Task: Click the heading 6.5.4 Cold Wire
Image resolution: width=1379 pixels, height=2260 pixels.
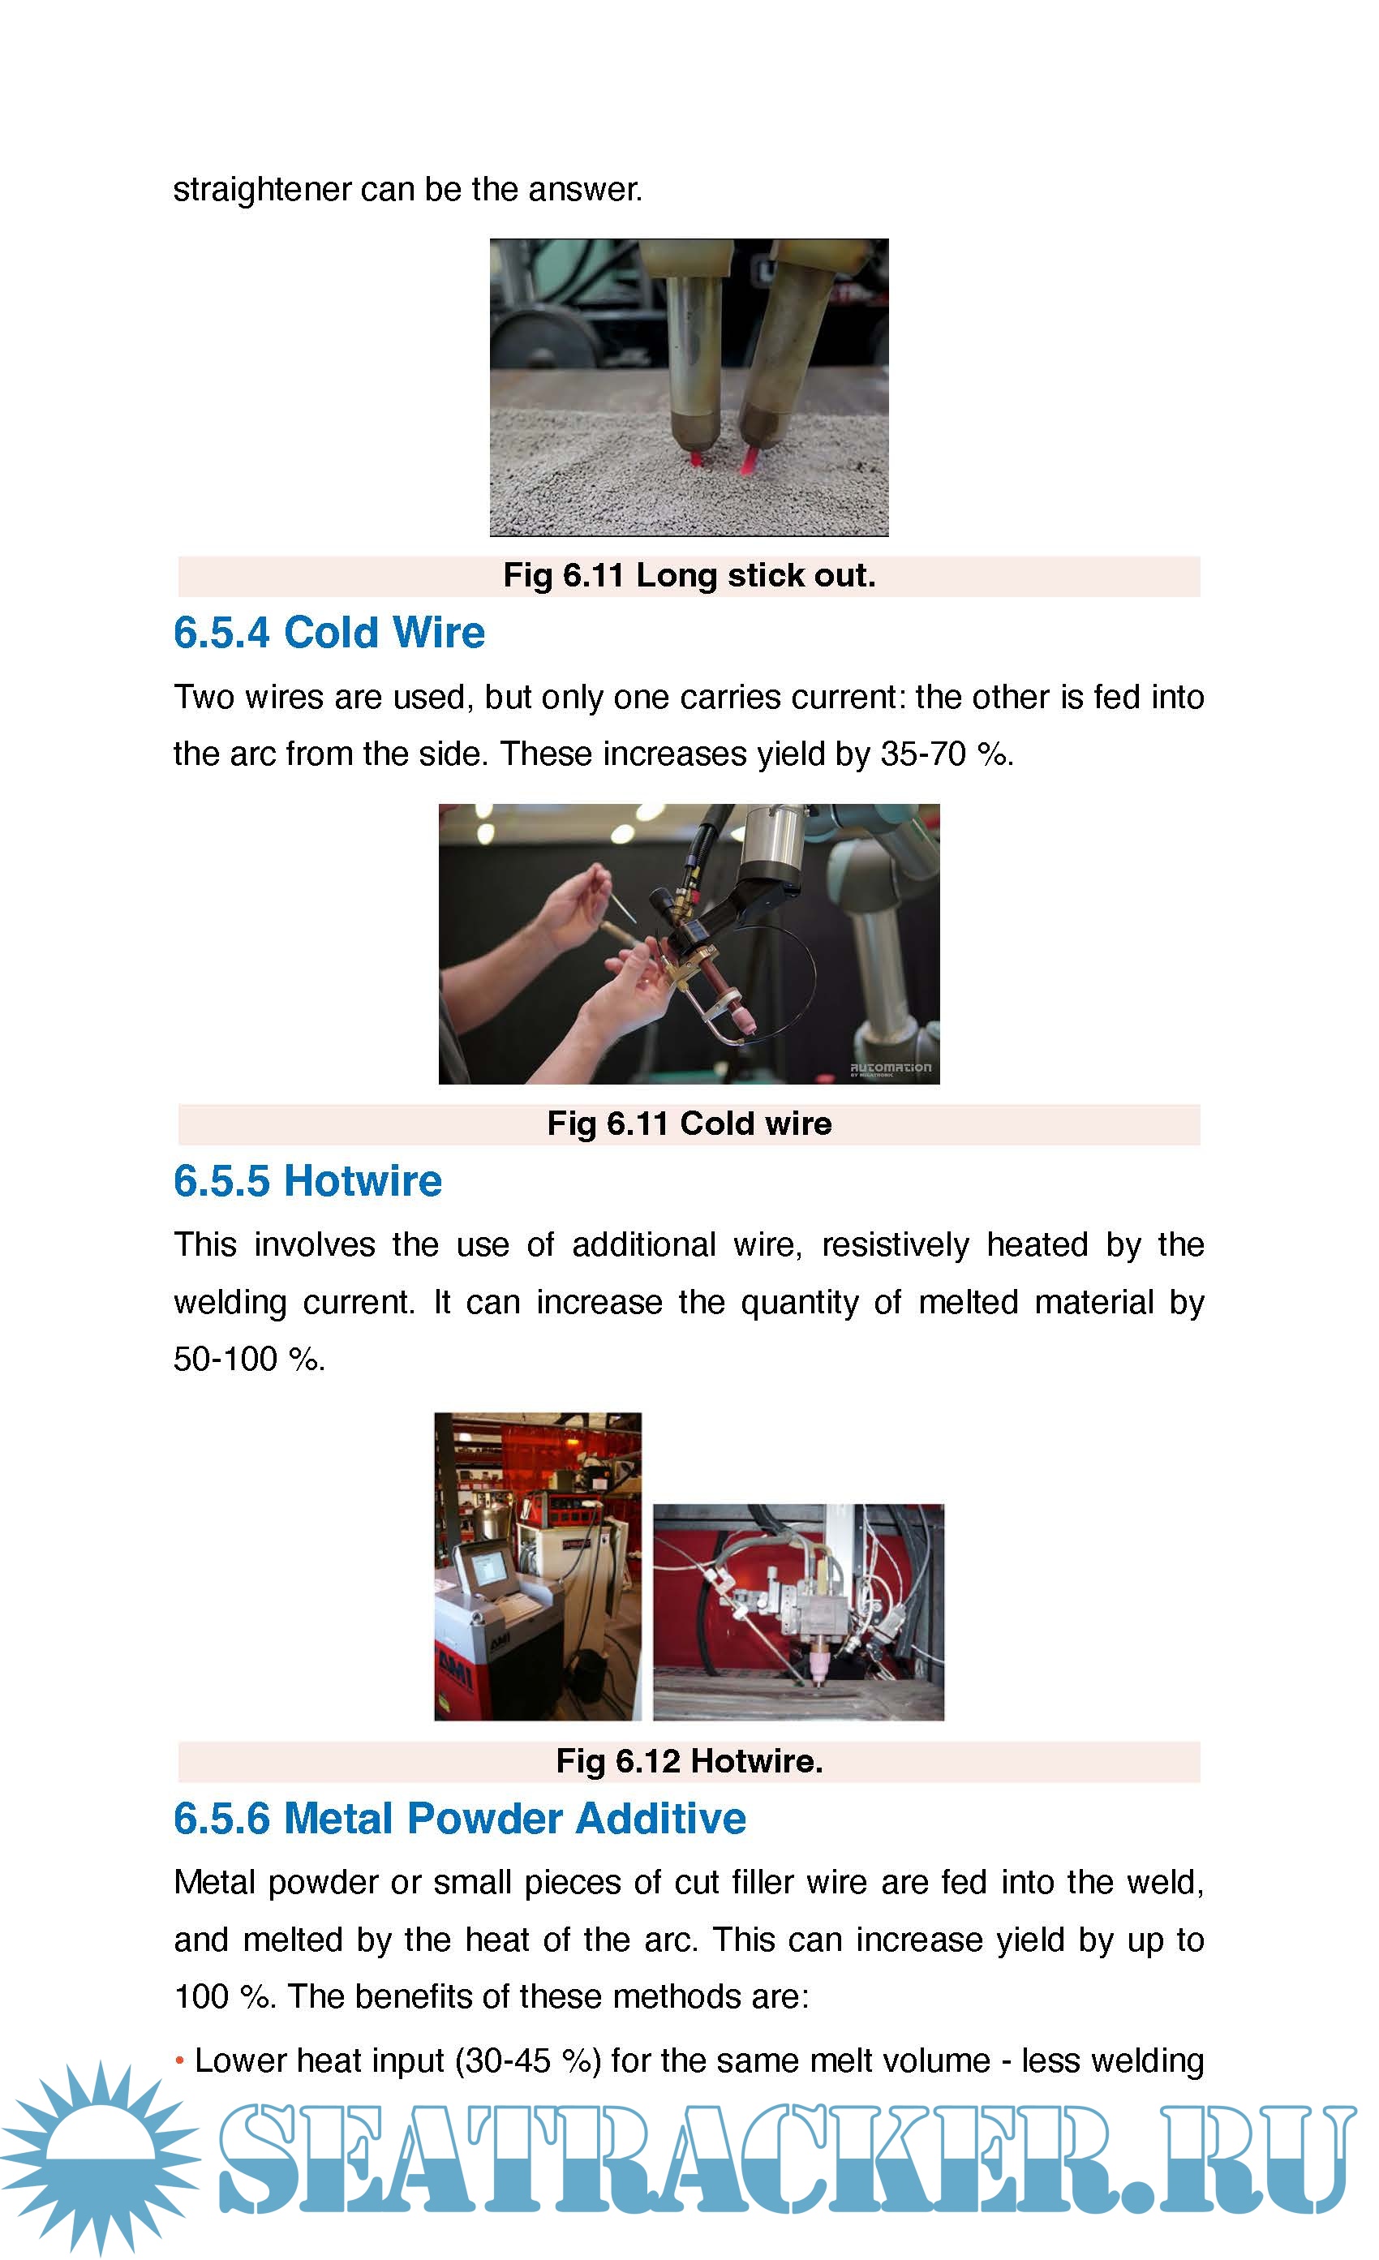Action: coord(329,633)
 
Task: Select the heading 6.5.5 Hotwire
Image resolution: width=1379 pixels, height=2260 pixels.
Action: coord(308,1180)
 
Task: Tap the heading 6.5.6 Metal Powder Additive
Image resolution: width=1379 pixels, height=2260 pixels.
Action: coord(460,1818)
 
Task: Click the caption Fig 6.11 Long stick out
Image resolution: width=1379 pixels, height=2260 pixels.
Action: coord(689,575)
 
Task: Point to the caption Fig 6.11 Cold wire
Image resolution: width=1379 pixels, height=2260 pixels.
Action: coord(689,1123)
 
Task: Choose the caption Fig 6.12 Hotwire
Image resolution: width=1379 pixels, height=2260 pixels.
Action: coord(689,1760)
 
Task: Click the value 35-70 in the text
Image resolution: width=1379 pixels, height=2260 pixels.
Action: coord(923,754)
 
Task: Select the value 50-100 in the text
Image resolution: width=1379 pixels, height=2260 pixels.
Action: coord(226,1360)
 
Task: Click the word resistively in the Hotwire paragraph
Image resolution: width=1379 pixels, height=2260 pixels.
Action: coord(895,1244)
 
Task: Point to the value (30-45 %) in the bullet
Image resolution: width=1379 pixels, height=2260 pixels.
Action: coord(528,2061)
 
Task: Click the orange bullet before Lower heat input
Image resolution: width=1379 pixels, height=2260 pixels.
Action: coord(180,2062)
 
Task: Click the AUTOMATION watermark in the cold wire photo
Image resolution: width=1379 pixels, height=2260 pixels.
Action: coord(891,1068)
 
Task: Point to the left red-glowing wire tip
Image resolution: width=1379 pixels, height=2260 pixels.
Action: coord(696,457)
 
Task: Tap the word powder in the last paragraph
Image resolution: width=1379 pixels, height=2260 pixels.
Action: coord(324,1882)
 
